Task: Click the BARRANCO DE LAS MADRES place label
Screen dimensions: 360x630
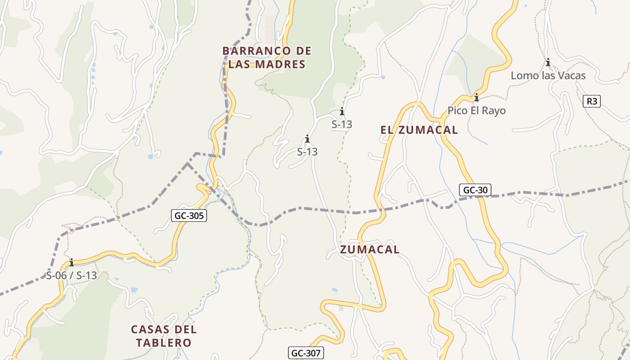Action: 267,58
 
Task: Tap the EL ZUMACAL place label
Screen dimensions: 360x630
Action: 419,130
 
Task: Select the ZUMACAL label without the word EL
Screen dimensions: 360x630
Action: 369,250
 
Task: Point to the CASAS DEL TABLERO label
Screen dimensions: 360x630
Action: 164,336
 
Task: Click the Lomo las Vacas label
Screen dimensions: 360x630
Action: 548,76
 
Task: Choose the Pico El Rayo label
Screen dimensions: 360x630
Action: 476,111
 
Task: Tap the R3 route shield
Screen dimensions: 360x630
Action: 592,101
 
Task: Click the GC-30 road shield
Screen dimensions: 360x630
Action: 475,190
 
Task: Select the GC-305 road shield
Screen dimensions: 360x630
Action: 189,216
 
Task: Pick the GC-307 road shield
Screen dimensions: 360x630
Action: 306,353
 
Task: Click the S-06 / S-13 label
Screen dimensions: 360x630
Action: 72,275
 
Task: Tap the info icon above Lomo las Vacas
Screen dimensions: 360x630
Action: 548,63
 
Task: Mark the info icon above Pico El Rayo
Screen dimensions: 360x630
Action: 476,98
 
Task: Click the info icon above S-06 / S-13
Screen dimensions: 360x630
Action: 71,262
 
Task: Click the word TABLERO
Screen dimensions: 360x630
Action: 164,343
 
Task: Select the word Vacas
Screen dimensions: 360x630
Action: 571,76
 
